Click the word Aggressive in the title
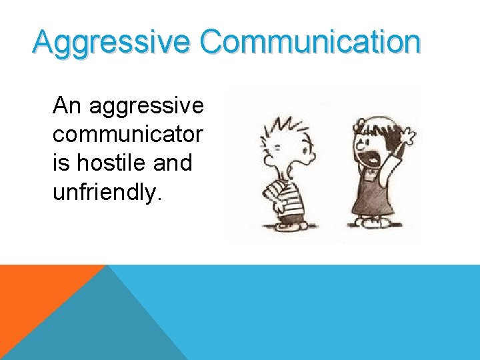pyautogui.click(x=111, y=42)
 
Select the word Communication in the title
pyautogui.click(x=310, y=42)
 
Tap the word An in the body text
pyautogui.click(x=67, y=105)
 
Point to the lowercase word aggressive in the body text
pyautogui.click(x=145, y=105)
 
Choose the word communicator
pyautogui.click(x=127, y=134)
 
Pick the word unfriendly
pyautogui.click(x=106, y=191)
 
